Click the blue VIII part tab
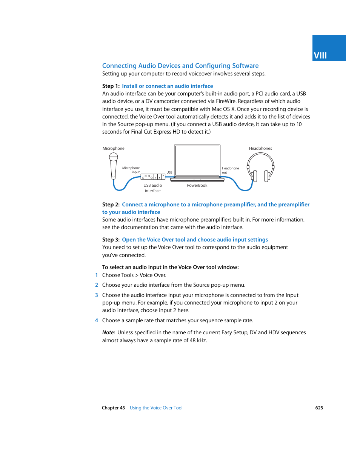point(329,48)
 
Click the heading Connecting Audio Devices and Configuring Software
point(180,66)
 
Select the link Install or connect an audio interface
point(167,86)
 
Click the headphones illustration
point(260,168)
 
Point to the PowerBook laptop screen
point(197,160)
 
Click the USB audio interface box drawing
point(152,177)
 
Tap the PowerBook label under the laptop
point(197,185)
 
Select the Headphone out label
point(230,170)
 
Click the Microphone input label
point(131,170)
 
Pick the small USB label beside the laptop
point(169,172)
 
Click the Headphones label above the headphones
point(260,148)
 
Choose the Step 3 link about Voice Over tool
point(195,240)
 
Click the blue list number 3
point(97,295)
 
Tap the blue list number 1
point(97,275)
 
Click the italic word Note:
point(109,332)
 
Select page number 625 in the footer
point(319,408)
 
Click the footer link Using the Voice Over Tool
point(156,408)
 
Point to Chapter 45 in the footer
point(113,408)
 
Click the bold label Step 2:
point(111,205)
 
